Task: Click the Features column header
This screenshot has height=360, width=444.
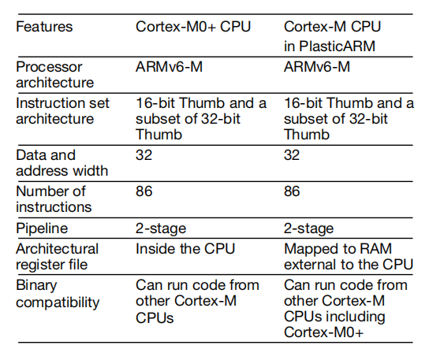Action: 44,27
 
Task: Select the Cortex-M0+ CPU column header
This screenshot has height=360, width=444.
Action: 193,27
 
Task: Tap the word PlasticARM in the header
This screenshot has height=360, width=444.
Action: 337,46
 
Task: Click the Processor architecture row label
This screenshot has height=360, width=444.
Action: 54,75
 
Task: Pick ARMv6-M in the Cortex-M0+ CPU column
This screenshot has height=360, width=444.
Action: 169,67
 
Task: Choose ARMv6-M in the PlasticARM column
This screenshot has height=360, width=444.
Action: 317,67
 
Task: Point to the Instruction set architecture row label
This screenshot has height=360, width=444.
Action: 62,111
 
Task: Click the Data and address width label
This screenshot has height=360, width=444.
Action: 62,163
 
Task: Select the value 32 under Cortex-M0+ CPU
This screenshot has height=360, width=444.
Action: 144,155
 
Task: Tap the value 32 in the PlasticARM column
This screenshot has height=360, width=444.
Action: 292,155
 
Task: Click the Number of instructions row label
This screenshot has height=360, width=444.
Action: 54,199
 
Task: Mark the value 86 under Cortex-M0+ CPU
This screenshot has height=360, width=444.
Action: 144,191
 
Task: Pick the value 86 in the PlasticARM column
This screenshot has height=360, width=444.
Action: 292,191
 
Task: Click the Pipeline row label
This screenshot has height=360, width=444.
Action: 42,228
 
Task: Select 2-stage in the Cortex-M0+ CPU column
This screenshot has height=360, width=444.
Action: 161,228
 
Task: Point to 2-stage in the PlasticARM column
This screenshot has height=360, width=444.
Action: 308,228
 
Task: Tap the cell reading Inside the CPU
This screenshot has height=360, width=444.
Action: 185,249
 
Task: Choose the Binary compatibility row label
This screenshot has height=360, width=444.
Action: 58,294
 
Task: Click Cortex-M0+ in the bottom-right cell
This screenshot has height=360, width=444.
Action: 323,332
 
